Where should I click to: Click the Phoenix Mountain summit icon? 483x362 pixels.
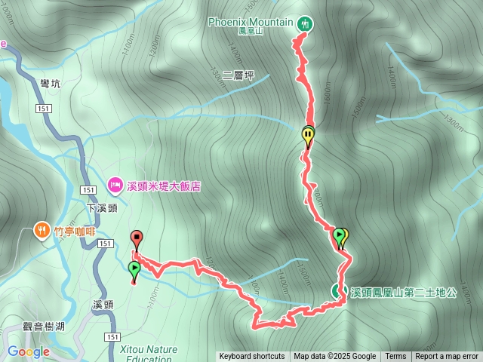(305, 23)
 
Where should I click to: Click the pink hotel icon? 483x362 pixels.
(115, 184)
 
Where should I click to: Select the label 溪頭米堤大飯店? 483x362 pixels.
(164, 185)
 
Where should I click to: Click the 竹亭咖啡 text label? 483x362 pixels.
(75, 232)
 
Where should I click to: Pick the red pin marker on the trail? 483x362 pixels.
(137, 238)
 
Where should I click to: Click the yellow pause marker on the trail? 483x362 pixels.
(308, 136)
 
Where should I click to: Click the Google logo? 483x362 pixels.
(28, 351)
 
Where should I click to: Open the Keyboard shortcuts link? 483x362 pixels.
(252, 357)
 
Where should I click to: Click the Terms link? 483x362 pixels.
(395, 357)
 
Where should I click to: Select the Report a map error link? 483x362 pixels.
(447, 357)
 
